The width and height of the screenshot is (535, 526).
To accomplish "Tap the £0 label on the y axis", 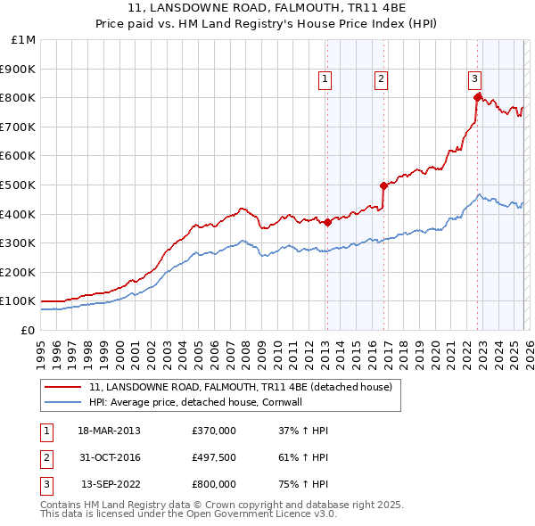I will [28, 330].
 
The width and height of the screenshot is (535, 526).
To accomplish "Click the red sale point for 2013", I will [327, 222].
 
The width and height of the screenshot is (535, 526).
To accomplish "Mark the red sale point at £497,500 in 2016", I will [384, 185].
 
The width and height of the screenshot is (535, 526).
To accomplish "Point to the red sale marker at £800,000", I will [477, 97].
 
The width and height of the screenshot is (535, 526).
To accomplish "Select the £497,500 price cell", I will [214, 457].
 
